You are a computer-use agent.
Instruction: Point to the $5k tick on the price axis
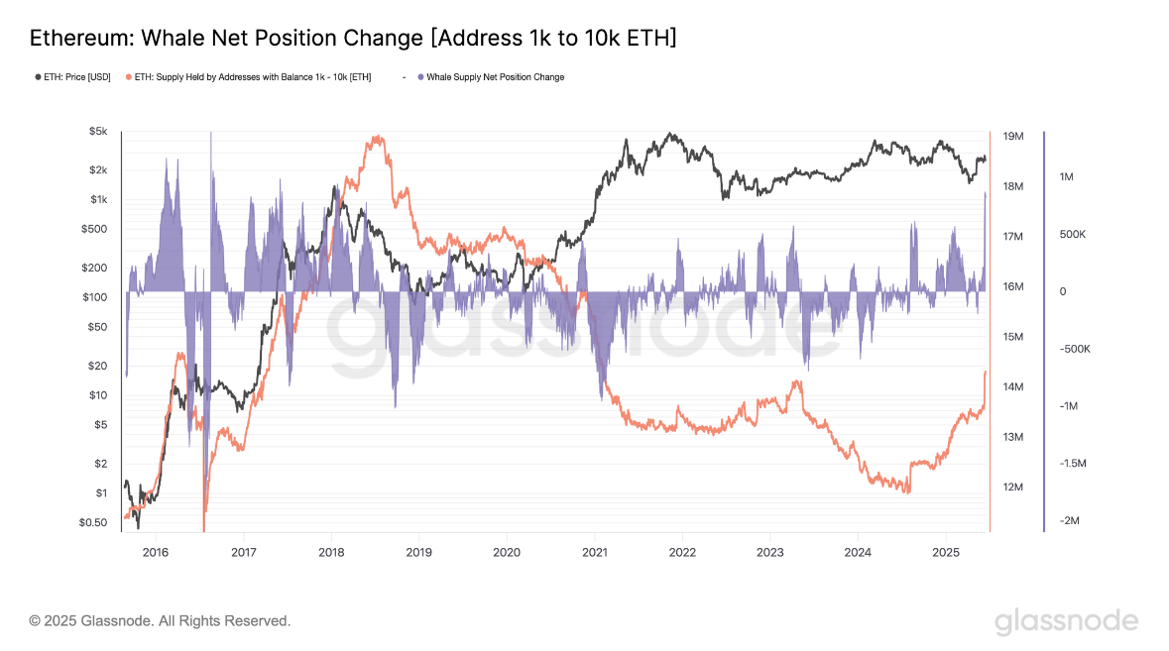click(97, 131)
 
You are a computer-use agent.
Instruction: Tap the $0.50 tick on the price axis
click(94, 522)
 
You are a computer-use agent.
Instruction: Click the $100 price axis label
click(94, 297)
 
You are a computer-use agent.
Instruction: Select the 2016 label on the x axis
click(156, 551)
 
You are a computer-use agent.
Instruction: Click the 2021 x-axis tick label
click(595, 551)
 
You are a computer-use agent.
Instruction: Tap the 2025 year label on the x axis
click(946, 551)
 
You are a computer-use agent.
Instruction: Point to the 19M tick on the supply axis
click(1012, 136)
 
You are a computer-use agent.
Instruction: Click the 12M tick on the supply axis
click(1012, 488)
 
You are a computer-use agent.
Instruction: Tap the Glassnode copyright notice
click(160, 621)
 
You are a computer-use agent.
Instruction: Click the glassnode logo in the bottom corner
click(1066, 621)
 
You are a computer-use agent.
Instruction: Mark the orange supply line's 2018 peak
click(376, 138)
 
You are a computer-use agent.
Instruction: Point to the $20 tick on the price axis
click(97, 366)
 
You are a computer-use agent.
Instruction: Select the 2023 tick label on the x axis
click(770, 551)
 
